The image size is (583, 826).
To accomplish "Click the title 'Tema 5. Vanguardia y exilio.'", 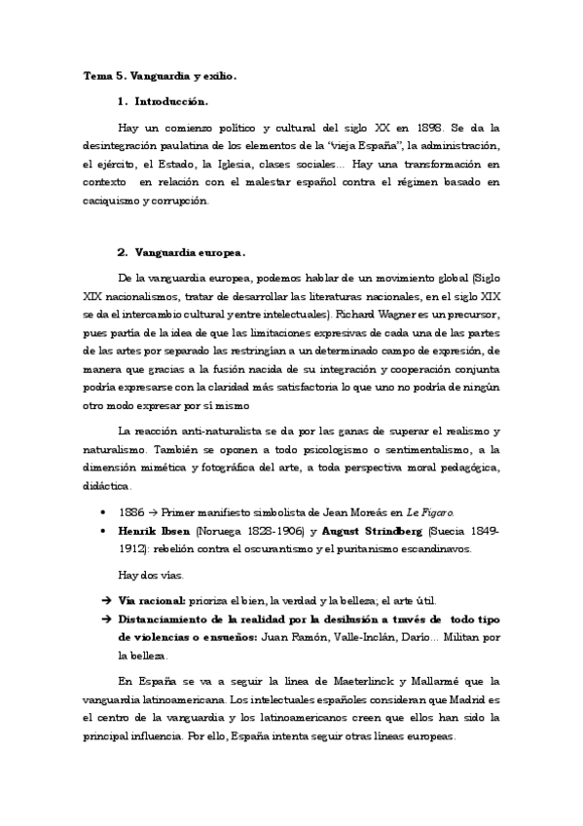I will pos(159,74).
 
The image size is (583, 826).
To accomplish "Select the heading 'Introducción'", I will pos(172,100).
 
